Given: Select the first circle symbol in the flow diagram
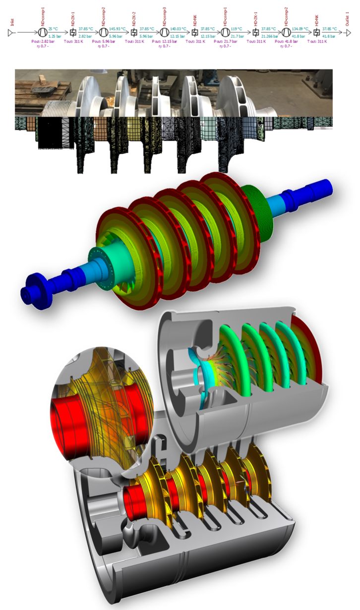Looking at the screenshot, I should coord(43,32).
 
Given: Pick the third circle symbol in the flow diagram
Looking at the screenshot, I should coord(164,32).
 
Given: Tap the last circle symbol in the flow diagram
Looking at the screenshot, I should coord(286,32).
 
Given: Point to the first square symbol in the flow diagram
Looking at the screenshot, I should coord(73,32).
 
